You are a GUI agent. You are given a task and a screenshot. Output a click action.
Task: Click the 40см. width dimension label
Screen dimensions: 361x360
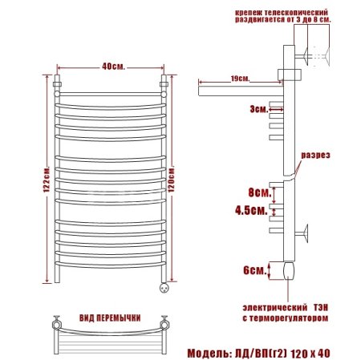click(x=113, y=67)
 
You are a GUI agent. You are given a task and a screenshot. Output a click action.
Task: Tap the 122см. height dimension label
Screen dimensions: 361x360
click(x=47, y=180)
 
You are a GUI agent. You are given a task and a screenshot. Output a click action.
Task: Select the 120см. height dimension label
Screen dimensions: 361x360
click(x=171, y=180)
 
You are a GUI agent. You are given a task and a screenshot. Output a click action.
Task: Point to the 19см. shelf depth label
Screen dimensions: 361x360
click(x=240, y=79)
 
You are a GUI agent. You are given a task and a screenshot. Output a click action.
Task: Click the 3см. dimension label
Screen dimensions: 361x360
click(x=258, y=109)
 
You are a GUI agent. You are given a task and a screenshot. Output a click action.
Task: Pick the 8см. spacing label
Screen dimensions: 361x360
click(x=260, y=192)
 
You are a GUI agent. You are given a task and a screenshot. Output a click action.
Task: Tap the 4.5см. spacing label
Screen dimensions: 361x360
click(x=251, y=211)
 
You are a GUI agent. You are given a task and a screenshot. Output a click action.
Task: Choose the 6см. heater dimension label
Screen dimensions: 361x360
click(x=255, y=270)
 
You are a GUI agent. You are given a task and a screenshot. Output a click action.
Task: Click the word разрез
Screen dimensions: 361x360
click(x=315, y=156)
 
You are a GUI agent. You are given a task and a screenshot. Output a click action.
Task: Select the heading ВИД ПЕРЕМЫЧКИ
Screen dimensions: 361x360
click(x=110, y=318)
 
